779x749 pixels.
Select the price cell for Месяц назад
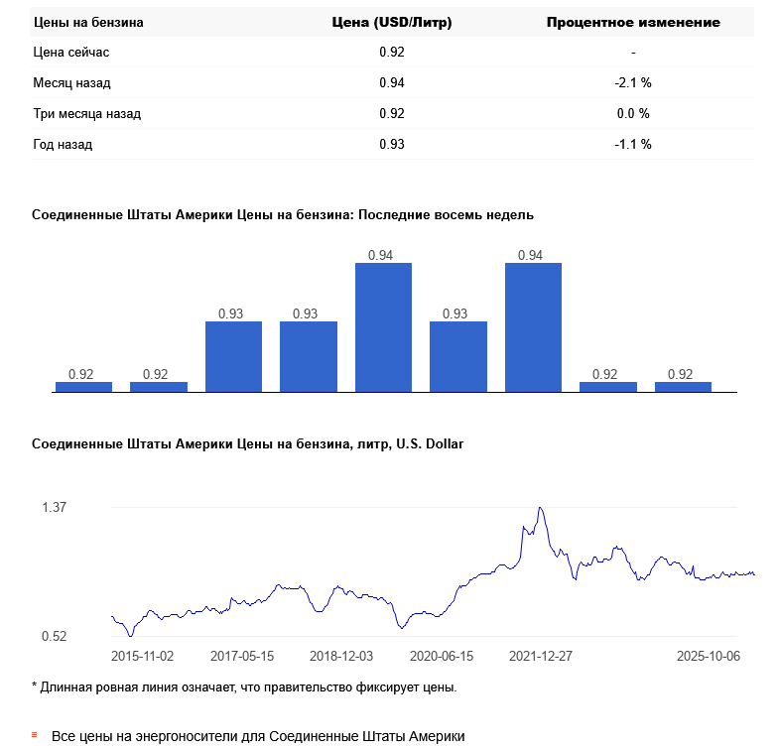point(392,82)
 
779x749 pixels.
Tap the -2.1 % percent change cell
point(633,82)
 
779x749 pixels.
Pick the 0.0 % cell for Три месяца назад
point(633,113)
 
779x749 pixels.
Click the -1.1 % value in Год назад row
point(633,144)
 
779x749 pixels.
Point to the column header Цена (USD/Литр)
point(391,22)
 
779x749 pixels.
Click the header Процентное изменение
point(633,22)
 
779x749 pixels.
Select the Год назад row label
point(63,144)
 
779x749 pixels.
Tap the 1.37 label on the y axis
point(54,507)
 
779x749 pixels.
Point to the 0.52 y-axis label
point(54,636)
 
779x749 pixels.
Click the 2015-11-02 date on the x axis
point(143,656)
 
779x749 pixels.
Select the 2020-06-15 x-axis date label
point(442,656)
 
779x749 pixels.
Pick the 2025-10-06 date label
point(709,656)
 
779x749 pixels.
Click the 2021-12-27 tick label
point(541,656)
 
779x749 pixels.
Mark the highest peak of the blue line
point(540,508)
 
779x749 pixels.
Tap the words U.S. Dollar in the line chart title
point(430,444)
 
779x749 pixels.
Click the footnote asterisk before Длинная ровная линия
point(35,687)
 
